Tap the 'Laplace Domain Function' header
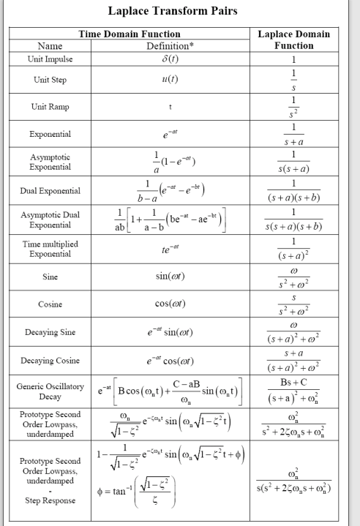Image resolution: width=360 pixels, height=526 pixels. coord(294,40)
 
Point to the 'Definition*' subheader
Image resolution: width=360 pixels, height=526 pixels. coord(168,45)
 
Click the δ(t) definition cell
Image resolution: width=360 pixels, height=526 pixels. coord(168,59)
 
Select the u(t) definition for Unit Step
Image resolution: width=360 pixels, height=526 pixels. coord(168,80)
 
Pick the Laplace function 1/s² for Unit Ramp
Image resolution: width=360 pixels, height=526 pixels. coord(293,106)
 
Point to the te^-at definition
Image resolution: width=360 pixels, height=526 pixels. coord(168,248)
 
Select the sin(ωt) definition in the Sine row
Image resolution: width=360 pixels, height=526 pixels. coord(168,277)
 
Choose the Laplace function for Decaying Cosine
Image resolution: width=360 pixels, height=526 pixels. coord(293,361)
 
